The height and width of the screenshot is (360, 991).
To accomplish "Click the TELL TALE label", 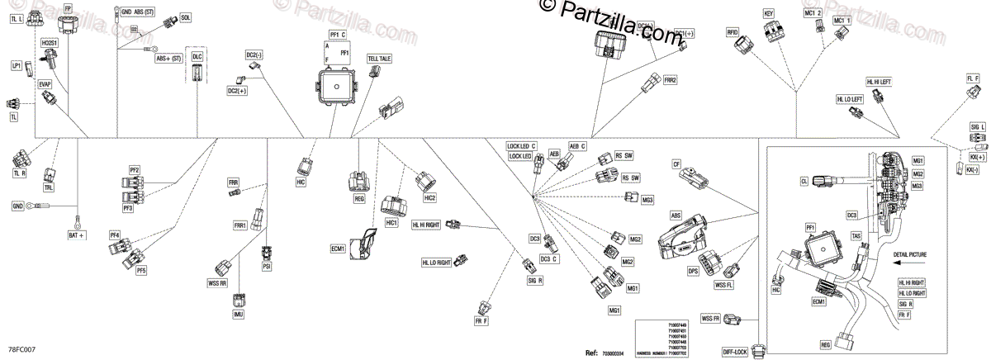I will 380,59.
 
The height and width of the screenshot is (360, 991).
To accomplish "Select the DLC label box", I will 197,56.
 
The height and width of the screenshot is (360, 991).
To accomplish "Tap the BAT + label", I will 77,236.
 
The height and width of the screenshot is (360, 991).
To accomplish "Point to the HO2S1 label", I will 49,40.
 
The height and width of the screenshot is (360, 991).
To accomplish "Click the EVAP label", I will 45,84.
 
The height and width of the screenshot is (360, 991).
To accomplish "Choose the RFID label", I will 732,32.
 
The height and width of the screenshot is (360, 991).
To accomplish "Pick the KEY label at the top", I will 768,14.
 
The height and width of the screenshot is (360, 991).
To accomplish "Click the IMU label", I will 239,315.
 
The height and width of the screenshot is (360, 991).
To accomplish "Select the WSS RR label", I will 218,283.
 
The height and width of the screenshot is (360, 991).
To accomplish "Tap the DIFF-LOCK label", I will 734,352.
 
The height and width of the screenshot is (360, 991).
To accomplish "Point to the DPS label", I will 693,270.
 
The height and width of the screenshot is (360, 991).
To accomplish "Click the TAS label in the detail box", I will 856,235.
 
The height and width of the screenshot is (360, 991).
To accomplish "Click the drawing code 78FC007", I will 22,351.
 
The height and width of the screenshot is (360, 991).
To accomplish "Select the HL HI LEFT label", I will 879,82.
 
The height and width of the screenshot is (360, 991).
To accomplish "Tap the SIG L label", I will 978,126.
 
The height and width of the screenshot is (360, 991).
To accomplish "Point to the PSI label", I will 266,267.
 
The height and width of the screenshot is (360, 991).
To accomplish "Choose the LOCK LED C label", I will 522,146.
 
